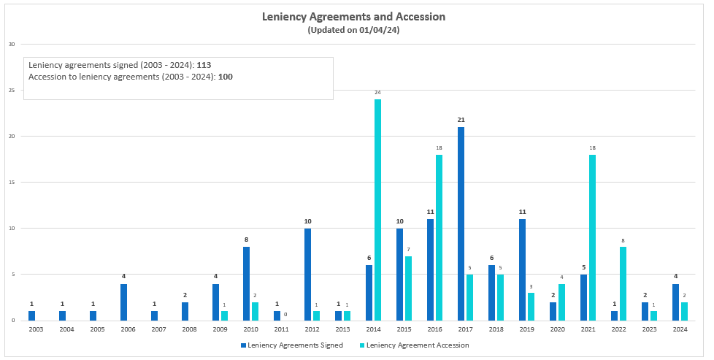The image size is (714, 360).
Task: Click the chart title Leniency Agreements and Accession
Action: [x=353, y=17]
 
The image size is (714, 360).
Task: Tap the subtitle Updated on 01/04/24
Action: [x=353, y=30]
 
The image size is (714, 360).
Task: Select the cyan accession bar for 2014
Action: [x=377, y=210]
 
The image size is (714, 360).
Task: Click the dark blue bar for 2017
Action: [x=461, y=223]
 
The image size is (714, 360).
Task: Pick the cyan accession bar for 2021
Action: [x=592, y=237]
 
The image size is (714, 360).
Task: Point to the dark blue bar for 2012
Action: [x=307, y=274]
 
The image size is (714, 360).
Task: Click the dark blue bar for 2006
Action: [x=123, y=302]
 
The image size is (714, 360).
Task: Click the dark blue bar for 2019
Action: [x=522, y=269]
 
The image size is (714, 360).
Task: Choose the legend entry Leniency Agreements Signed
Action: [x=291, y=345]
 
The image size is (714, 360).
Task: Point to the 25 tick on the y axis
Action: [x=11, y=90]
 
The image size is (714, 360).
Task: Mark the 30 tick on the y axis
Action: [x=11, y=44]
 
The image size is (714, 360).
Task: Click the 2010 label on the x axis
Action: [x=250, y=329]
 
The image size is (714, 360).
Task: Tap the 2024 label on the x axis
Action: [x=680, y=329]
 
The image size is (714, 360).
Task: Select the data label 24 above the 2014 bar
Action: [x=377, y=93]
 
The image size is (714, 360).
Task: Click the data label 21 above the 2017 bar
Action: [x=461, y=120]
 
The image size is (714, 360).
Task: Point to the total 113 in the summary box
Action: [x=204, y=65]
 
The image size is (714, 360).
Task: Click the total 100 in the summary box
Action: [x=226, y=77]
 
